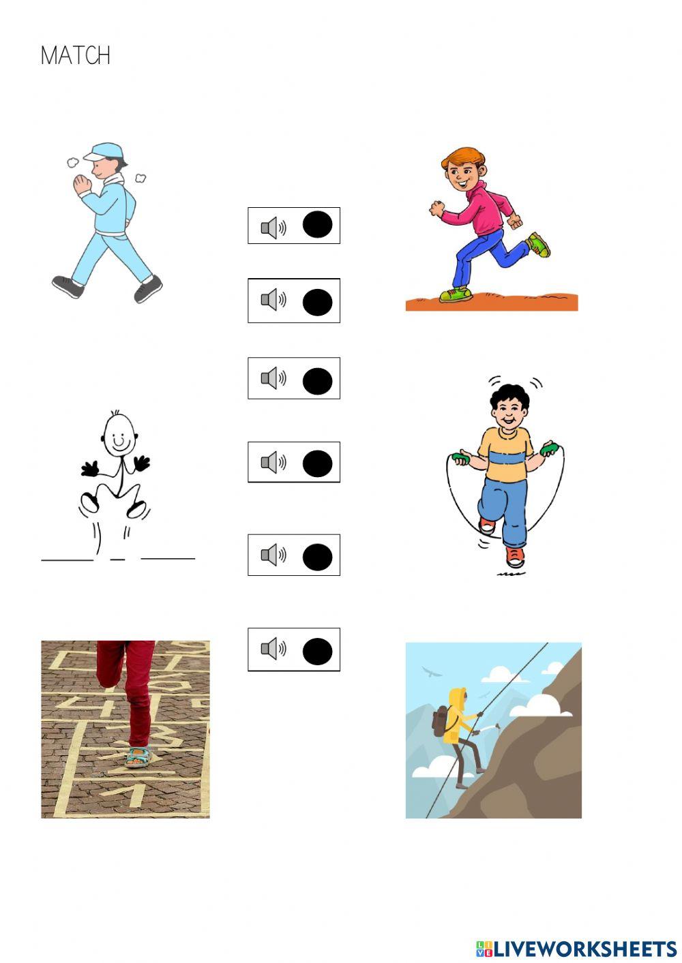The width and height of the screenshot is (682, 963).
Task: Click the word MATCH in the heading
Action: (75, 55)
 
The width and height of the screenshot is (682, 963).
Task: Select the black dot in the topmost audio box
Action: (317, 225)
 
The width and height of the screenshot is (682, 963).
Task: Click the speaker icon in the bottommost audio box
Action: (273, 649)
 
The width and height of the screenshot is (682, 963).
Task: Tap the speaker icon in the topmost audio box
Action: (273, 227)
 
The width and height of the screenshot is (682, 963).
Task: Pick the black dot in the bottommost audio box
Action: (317, 651)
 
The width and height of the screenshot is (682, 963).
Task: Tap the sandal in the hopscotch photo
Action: (138, 756)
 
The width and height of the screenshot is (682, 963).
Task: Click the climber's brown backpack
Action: (441, 721)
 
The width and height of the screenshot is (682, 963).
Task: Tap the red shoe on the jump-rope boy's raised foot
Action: (486, 525)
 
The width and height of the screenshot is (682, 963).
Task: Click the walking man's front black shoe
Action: (148, 289)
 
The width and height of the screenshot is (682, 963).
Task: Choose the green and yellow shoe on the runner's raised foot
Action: (539, 244)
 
